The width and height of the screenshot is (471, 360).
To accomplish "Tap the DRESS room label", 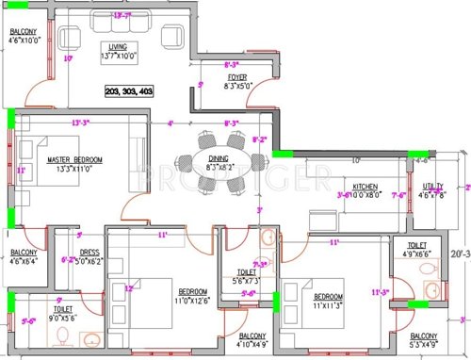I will point(89,252).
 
